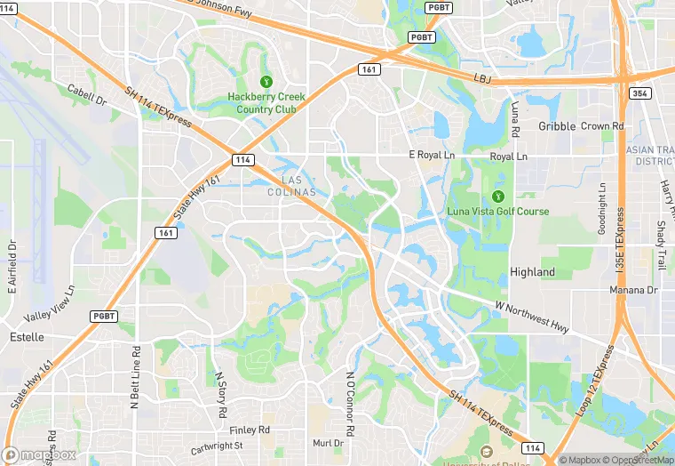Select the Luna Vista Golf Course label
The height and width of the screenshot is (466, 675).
pyautogui.click(x=497, y=212)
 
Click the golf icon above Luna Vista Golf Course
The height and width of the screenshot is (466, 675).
pyautogui.click(x=497, y=196)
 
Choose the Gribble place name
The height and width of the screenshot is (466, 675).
pyautogui.click(x=557, y=126)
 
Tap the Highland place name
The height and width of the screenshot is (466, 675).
pyautogui.click(x=532, y=272)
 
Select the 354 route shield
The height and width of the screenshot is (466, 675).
pyautogui.click(x=639, y=92)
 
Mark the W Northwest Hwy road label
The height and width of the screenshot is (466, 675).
pyautogui.click(x=532, y=317)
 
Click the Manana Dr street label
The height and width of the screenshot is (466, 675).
pyautogui.click(x=633, y=291)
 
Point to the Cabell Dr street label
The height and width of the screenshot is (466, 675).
pyautogui.click(x=86, y=95)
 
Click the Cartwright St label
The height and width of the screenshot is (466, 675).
pyautogui.click(x=216, y=446)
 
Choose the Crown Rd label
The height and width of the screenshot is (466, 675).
pyautogui.click(x=602, y=126)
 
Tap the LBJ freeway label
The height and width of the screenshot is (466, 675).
pyautogui.click(x=482, y=79)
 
